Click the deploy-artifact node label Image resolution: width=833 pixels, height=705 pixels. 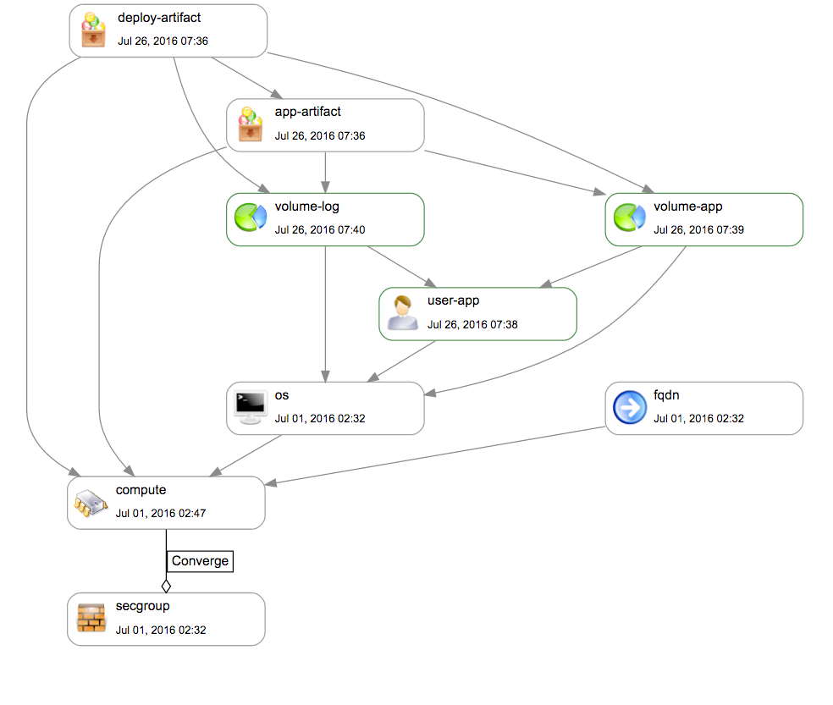point(159,18)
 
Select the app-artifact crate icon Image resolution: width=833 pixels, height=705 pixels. point(250,124)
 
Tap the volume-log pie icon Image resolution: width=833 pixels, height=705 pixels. point(250,219)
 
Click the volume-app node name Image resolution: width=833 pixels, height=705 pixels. point(687,207)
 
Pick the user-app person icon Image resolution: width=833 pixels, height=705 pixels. point(402,313)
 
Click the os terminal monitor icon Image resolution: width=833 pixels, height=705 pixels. point(250,408)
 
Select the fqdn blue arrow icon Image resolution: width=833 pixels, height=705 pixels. point(629,408)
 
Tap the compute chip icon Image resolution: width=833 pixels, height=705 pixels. point(90,504)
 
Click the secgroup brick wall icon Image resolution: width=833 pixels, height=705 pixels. point(90,619)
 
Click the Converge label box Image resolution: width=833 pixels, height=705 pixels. point(199,560)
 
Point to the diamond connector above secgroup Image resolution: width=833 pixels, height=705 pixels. point(166,585)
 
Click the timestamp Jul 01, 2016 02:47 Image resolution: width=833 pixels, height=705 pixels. point(161,513)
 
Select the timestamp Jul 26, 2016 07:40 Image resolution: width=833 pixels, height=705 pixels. point(320,229)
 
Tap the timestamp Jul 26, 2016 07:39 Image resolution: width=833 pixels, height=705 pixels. point(698,229)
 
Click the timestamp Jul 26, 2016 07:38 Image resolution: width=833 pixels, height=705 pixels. point(472,324)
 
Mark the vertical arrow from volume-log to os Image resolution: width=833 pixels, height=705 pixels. point(326,313)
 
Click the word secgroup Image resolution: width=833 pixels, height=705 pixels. point(142,606)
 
